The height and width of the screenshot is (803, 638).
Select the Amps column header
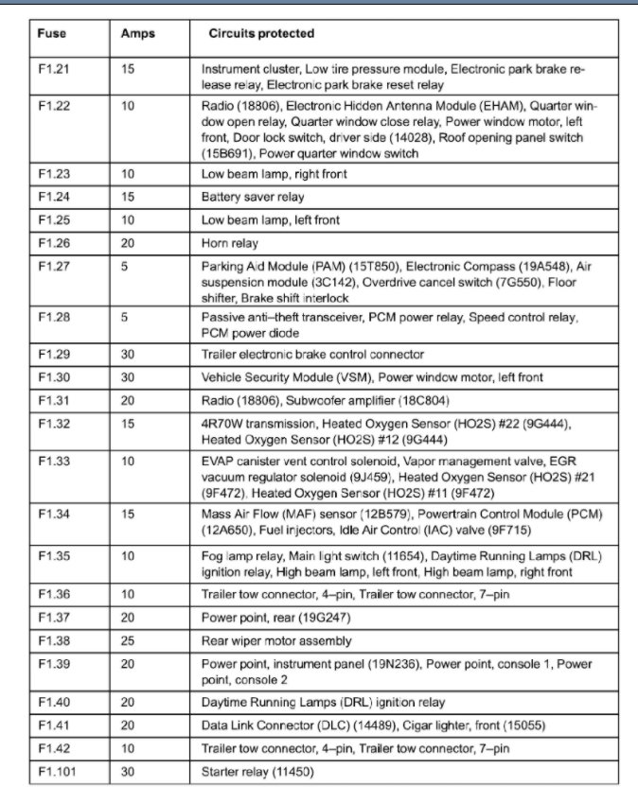coord(138,34)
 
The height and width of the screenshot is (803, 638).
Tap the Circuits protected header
coord(261,34)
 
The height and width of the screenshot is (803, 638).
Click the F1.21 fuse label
coord(54,69)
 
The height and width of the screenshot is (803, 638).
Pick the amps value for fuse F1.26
coord(128,243)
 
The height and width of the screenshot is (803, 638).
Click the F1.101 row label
coord(58,772)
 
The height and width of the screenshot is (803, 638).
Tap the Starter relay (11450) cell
coord(257,772)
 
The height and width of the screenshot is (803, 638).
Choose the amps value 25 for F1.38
coord(128,639)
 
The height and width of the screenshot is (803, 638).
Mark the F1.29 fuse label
coord(54,355)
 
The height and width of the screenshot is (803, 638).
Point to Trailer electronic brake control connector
coord(312,355)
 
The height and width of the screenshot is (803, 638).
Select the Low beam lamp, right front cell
coord(274,174)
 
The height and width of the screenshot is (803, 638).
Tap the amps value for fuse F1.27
coord(125,267)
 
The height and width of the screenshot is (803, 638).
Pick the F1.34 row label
coord(54,514)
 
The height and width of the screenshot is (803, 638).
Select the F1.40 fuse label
coord(54,703)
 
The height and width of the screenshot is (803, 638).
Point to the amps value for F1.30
coord(128,377)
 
